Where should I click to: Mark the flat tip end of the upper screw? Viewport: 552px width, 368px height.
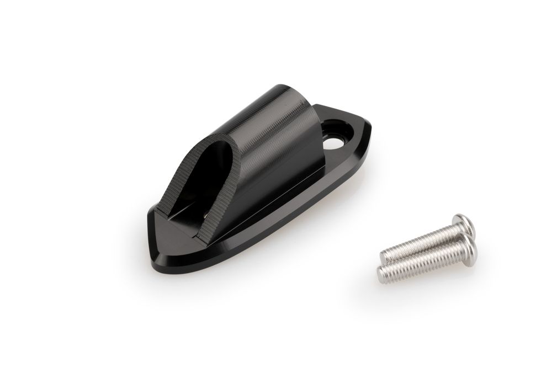pyautogui.click(x=384, y=255)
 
